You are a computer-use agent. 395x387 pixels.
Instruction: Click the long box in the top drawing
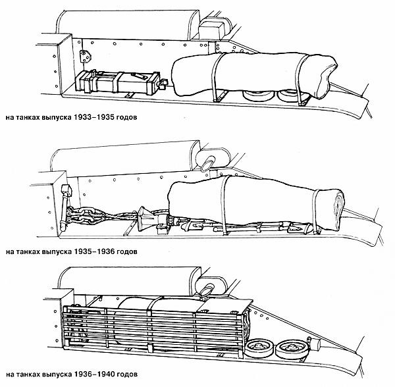(x=118, y=82)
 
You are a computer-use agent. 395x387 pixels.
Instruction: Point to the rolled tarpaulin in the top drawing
(x=254, y=75)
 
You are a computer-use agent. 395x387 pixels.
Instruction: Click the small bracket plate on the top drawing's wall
(x=86, y=57)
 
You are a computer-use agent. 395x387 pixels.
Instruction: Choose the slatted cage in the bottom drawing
(x=154, y=327)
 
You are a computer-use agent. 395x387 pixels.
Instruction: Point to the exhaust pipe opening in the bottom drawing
(x=208, y=290)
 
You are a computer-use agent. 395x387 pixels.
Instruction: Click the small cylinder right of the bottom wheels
(x=314, y=343)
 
